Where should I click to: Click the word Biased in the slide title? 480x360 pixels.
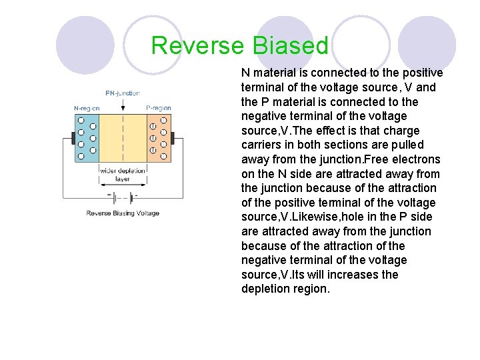coord(290,46)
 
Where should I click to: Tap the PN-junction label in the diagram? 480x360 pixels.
coord(123,93)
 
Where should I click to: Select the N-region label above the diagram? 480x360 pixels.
coord(86,108)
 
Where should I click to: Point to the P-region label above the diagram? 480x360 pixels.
coord(159,108)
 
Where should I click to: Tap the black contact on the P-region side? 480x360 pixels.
coord(172,139)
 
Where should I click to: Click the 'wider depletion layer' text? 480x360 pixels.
coord(123,175)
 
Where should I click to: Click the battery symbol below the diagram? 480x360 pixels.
coord(122,197)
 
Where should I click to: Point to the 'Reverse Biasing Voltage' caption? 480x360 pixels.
coord(123,213)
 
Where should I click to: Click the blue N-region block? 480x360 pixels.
coord(87,138)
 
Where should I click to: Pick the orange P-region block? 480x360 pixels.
coord(158,138)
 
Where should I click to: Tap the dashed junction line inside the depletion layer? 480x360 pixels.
coord(123,138)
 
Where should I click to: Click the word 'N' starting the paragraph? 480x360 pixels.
coord(245,73)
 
